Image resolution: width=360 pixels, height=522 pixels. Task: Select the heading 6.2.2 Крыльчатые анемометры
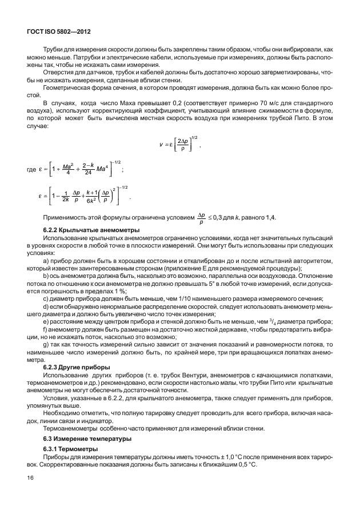click(x=86, y=229)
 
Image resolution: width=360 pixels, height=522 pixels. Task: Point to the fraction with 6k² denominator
click(x=90, y=200)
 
